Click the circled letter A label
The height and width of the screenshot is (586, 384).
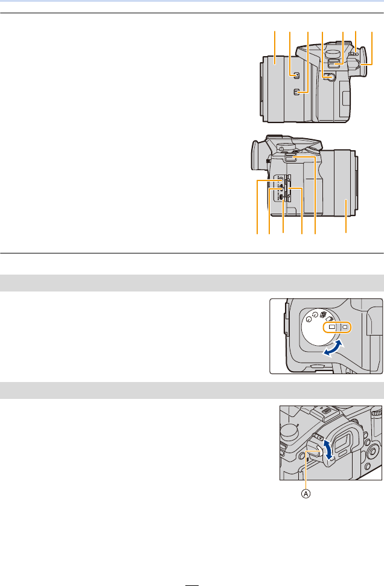(x=306, y=493)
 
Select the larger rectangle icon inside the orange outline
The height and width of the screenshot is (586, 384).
(x=331, y=326)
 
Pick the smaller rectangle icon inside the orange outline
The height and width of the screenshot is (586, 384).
(x=344, y=326)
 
